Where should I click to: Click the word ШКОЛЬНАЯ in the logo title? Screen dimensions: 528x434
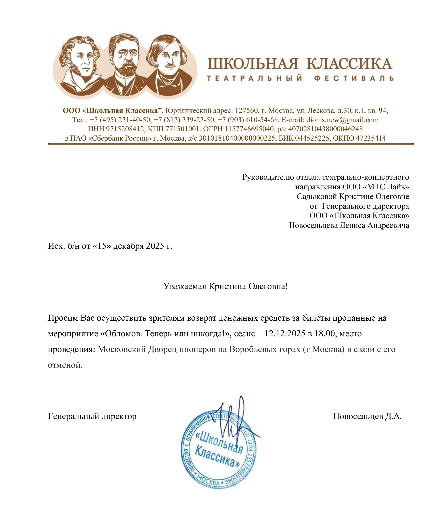(x=253, y=64)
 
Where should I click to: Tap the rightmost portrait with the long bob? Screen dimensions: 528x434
(x=168, y=65)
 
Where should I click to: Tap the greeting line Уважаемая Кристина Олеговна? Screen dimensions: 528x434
(x=225, y=286)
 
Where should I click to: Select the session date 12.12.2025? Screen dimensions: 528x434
(x=285, y=334)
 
